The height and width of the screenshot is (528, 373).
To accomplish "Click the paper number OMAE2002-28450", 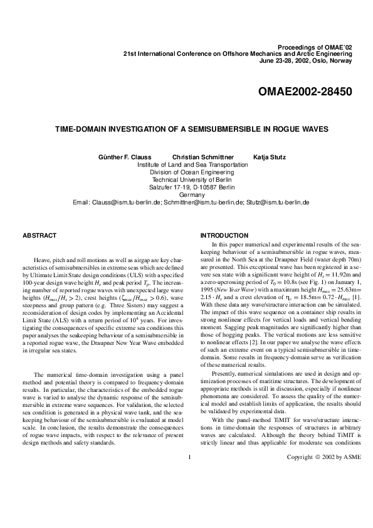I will [x=305, y=92].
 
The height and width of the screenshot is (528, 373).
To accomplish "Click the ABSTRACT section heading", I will [x=39, y=236].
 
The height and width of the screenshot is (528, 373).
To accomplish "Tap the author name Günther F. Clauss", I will [x=125, y=156].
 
